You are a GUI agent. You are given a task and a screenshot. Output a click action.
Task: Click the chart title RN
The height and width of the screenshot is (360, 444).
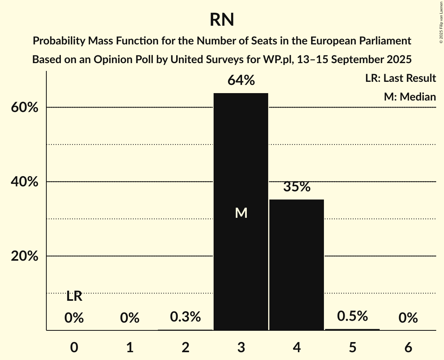[x=222, y=19]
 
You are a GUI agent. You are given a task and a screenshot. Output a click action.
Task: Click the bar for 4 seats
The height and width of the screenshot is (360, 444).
[x=297, y=265]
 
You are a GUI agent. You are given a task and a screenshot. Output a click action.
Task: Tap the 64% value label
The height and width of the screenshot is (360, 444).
[x=241, y=81]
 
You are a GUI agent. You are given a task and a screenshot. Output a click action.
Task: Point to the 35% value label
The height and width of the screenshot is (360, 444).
[x=297, y=187]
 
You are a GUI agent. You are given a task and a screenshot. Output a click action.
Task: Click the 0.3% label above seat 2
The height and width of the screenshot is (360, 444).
[x=186, y=317]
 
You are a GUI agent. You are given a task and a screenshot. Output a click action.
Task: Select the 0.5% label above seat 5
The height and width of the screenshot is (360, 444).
[x=352, y=316]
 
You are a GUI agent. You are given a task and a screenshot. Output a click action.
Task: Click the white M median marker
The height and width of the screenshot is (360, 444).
[x=241, y=213]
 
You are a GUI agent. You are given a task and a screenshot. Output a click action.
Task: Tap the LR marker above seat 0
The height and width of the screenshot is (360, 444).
[x=74, y=296]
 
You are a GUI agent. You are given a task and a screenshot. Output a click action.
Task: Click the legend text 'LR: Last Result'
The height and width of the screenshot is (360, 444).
[x=400, y=78]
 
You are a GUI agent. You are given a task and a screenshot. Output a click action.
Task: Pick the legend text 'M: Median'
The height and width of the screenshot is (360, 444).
[x=410, y=97]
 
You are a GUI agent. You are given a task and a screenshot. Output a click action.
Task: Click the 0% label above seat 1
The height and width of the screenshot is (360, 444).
[x=130, y=318]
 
